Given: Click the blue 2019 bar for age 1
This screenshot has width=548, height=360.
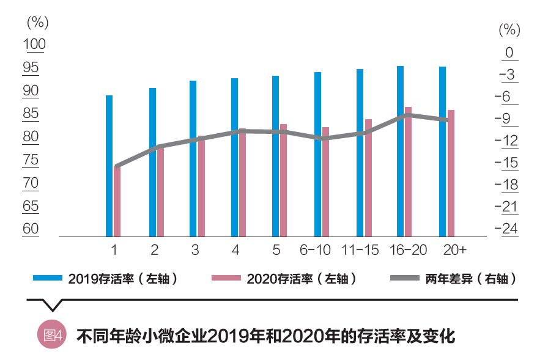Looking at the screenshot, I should (x=109, y=166).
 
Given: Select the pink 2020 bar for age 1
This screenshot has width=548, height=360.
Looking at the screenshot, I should (x=117, y=202).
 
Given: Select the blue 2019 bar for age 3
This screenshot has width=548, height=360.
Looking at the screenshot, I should (x=193, y=158).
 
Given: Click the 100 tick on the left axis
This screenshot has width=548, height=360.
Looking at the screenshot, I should (x=34, y=45).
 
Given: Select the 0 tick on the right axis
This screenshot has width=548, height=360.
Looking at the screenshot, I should (x=509, y=53).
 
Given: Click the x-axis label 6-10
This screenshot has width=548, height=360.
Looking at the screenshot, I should (x=316, y=250).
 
